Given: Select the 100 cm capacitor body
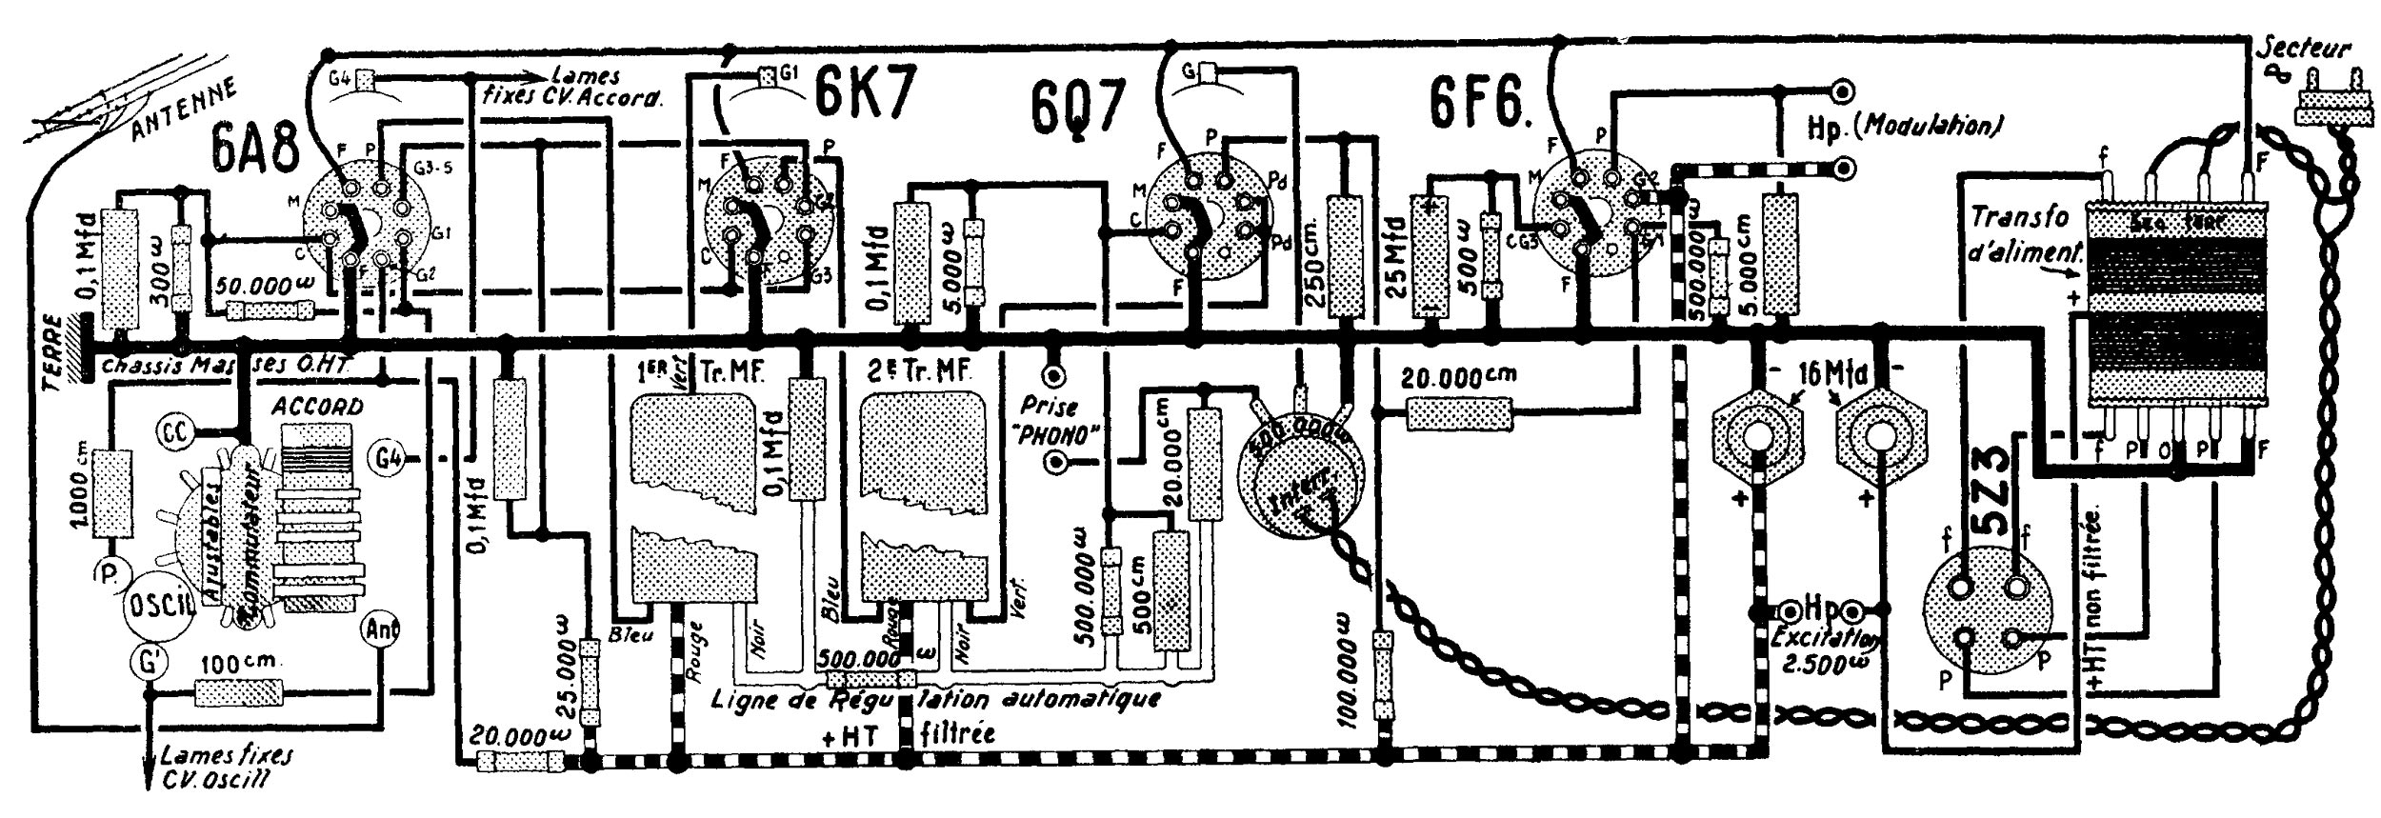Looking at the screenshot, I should [x=238, y=691].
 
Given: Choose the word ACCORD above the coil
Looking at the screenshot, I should [x=317, y=407].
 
